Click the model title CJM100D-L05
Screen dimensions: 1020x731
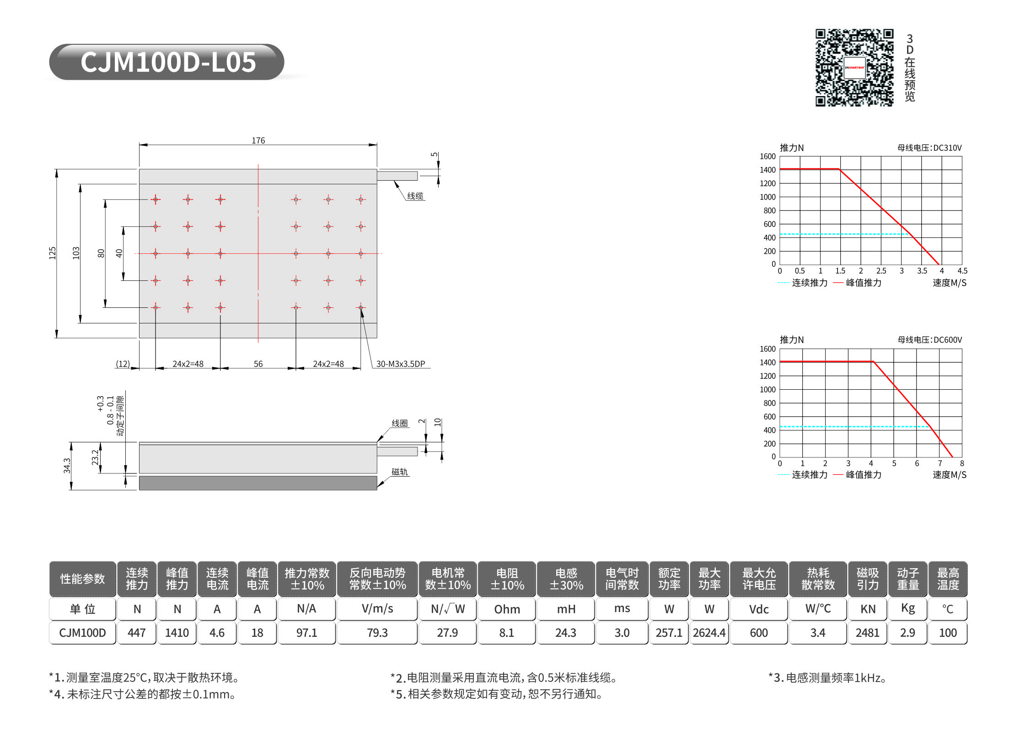168,62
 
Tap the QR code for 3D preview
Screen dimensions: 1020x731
854,68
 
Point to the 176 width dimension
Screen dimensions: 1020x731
258,140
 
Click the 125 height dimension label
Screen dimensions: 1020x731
53,253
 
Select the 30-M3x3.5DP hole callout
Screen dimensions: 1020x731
401,364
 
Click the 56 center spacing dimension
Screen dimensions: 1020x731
258,364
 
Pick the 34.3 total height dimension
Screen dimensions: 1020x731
67,466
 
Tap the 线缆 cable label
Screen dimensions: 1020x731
415,196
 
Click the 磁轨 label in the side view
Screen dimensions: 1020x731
399,472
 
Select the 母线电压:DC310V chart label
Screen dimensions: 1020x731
929,148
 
